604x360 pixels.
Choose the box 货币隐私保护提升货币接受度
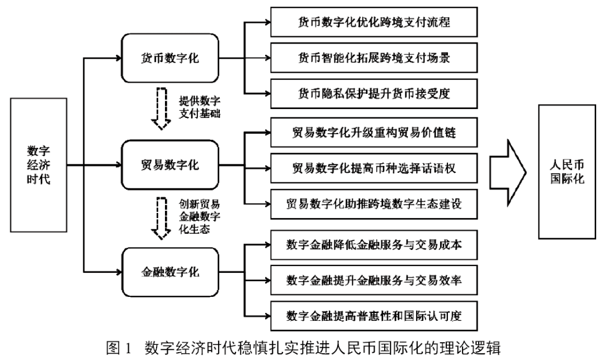(x=374, y=93)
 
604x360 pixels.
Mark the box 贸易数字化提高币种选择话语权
(x=374, y=168)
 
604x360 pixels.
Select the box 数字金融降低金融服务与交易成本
(x=374, y=244)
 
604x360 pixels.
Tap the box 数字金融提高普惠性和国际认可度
(x=374, y=314)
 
